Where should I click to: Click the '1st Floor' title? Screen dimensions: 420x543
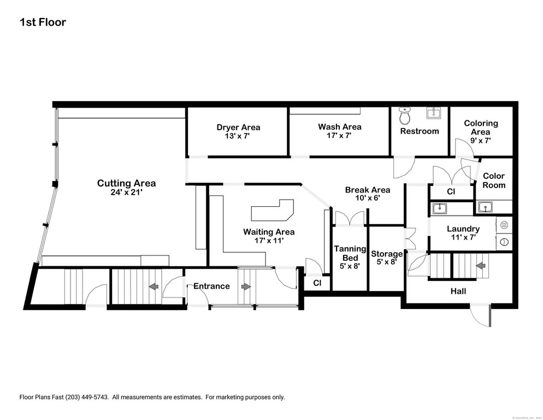(x=43, y=22)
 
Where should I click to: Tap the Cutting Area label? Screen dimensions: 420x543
(x=126, y=183)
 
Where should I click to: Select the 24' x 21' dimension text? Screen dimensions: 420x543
(x=126, y=192)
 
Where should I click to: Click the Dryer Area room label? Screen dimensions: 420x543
(x=238, y=127)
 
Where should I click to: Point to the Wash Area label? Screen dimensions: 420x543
(x=340, y=127)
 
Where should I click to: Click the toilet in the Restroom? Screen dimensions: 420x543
(x=405, y=116)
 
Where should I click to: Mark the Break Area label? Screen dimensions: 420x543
(x=367, y=190)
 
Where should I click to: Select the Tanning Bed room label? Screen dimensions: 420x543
(x=350, y=253)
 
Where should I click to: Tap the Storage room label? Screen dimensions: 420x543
(x=387, y=254)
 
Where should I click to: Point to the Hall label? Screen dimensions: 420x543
(x=458, y=291)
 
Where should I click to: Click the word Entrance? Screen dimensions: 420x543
(x=211, y=286)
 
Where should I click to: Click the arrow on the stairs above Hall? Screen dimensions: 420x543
(x=481, y=266)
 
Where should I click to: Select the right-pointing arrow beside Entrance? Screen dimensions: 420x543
(x=246, y=286)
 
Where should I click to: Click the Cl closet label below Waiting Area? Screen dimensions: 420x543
(x=317, y=283)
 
